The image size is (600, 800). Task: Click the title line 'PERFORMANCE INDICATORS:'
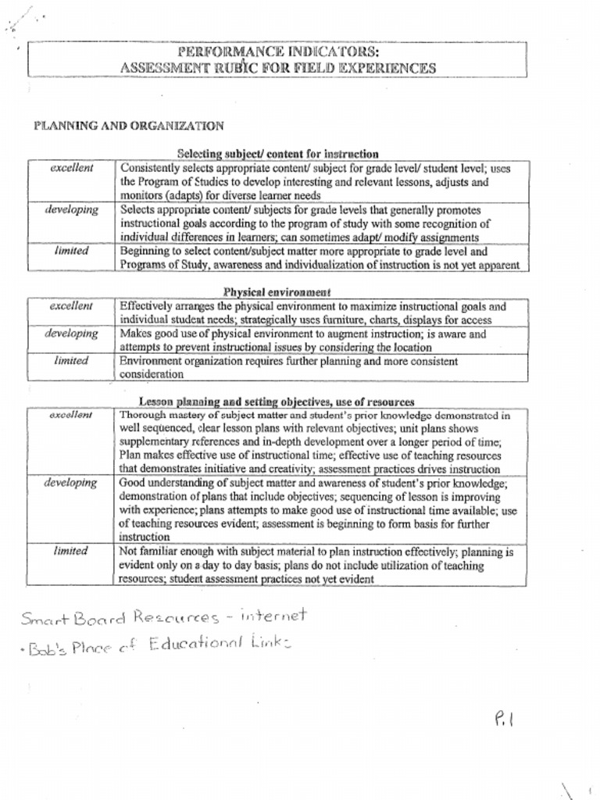point(278,52)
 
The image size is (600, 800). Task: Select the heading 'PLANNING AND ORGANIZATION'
point(129,126)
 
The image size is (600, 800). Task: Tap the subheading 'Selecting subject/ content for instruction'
point(278,154)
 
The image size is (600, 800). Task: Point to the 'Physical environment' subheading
point(277,292)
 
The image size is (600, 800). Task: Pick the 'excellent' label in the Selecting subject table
point(72,168)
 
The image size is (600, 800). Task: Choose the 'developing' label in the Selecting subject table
point(71,210)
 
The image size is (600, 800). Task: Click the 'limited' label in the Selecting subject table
point(71,251)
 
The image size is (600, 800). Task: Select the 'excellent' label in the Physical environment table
point(71,306)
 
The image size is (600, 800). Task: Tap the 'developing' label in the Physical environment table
point(71,334)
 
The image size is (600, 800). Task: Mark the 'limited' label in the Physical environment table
point(71,361)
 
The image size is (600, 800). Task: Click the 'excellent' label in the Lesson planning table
point(71,415)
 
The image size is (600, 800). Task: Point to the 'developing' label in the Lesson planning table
point(71,483)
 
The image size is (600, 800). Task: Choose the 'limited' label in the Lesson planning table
point(71,551)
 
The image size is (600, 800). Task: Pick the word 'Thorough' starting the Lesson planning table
point(141,416)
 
